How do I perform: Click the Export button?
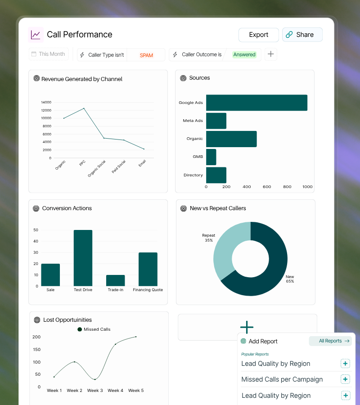click(x=258, y=35)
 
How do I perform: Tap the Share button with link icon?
click(x=302, y=35)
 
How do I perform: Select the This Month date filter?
click(x=49, y=54)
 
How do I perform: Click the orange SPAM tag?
click(x=146, y=55)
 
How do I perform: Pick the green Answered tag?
click(x=244, y=54)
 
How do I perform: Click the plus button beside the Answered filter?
click(x=270, y=54)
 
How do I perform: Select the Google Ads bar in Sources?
click(x=256, y=103)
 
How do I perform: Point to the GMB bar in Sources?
click(x=211, y=157)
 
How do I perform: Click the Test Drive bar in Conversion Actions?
click(x=83, y=258)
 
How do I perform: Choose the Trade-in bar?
click(x=115, y=280)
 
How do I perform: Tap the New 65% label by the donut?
click(x=290, y=279)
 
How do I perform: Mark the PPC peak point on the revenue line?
click(x=84, y=108)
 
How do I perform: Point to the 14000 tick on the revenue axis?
click(x=46, y=102)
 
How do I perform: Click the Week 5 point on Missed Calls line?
click(x=136, y=337)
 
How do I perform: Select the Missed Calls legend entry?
click(x=94, y=329)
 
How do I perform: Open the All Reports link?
click(x=330, y=341)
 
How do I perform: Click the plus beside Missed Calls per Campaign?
click(x=345, y=379)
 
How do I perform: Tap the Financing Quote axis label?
click(x=148, y=290)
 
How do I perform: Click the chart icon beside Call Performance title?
click(x=36, y=35)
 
